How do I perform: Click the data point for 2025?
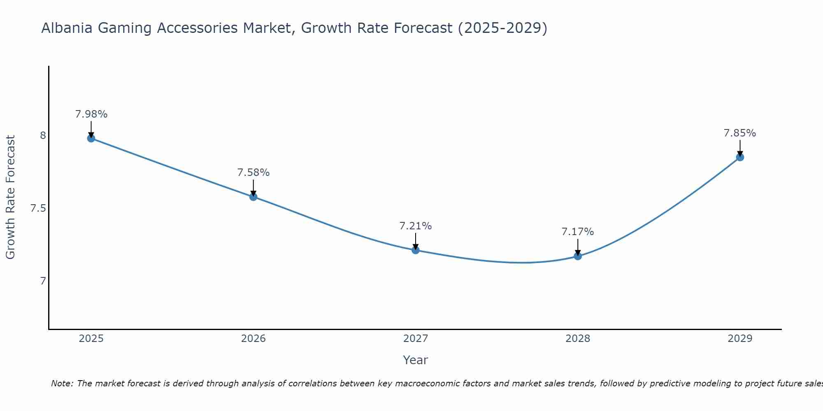click(x=91, y=138)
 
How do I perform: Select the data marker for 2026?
click(x=253, y=196)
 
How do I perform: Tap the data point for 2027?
click(x=415, y=250)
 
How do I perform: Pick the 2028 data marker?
click(x=578, y=256)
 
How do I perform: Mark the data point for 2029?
click(x=740, y=157)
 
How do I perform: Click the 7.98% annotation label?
click(x=91, y=114)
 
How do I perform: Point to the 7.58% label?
click(x=253, y=173)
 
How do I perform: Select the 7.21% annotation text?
click(x=415, y=226)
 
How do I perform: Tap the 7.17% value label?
click(x=578, y=232)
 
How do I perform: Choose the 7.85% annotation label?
click(x=740, y=133)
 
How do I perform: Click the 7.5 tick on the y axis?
click(x=38, y=208)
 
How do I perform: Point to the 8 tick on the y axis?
click(x=43, y=135)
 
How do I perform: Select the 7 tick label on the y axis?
click(x=43, y=281)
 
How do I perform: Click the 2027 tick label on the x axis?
click(x=415, y=339)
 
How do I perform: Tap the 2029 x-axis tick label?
click(x=740, y=339)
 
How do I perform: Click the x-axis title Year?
click(x=415, y=360)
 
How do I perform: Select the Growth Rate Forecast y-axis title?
click(x=10, y=197)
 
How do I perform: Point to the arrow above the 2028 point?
click(x=578, y=247)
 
